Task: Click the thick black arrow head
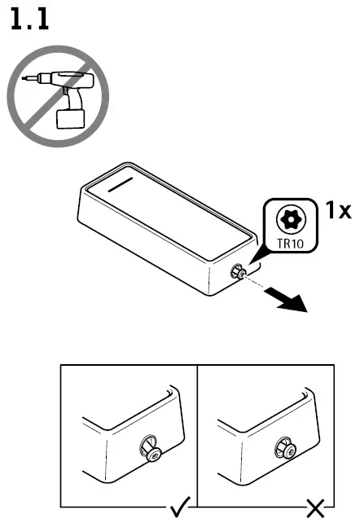(296, 305)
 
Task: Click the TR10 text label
(287, 242)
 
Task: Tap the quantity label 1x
(338, 211)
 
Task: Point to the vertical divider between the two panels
(197, 432)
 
